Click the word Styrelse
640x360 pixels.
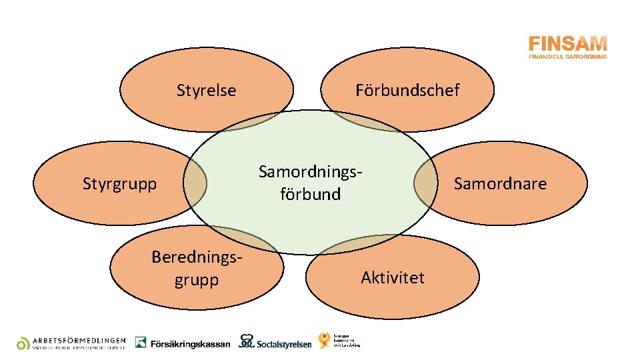206,90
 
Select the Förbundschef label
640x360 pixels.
407,90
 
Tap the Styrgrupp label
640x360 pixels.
119,183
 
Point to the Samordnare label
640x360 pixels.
499,183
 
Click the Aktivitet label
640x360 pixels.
392,277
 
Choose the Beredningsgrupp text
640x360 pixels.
196,268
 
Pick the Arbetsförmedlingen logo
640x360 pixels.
71,342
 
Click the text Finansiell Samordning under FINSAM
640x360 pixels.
567,57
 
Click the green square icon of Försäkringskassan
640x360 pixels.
141,342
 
